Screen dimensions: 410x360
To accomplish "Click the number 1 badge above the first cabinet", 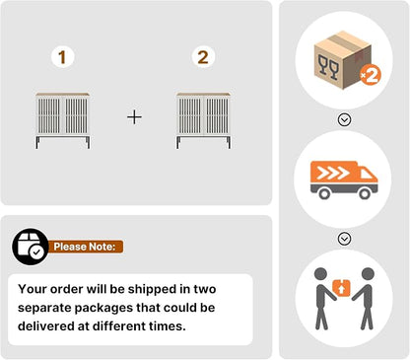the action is [x=62, y=57].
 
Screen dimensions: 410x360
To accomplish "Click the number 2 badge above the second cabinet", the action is [x=203, y=57].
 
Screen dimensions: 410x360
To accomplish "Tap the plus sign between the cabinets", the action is [x=134, y=117].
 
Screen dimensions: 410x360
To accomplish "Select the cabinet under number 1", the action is [x=63, y=120].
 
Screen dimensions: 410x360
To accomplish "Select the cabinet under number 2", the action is [x=203, y=120].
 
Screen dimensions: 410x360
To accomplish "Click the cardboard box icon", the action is [x=343, y=60].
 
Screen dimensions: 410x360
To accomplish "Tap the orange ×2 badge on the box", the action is [x=371, y=75].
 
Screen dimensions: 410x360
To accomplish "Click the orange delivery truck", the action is [x=344, y=180].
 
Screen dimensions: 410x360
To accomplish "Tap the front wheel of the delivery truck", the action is [x=365, y=193].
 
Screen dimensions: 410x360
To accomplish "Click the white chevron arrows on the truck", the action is [x=333, y=174].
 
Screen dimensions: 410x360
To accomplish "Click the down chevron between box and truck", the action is [x=344, y=119].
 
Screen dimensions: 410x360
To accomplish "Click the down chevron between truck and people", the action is [x=344, y=239].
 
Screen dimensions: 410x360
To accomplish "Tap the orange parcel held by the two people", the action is [x=342, y=288].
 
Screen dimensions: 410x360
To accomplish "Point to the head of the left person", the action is [x=320, y=274].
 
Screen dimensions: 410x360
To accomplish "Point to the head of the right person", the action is [x=368, y=274].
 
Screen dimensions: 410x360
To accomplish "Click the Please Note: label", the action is [x=85, y=247].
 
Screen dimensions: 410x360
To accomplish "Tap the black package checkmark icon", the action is [x=31, y=247].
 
